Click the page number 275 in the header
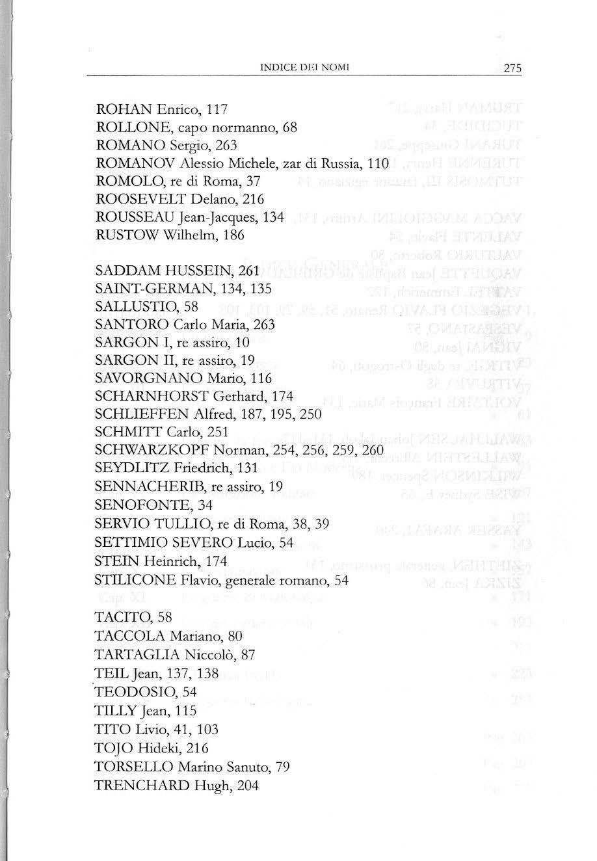(x=513, y=68)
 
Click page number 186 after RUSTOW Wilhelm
(x=233, y=235)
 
